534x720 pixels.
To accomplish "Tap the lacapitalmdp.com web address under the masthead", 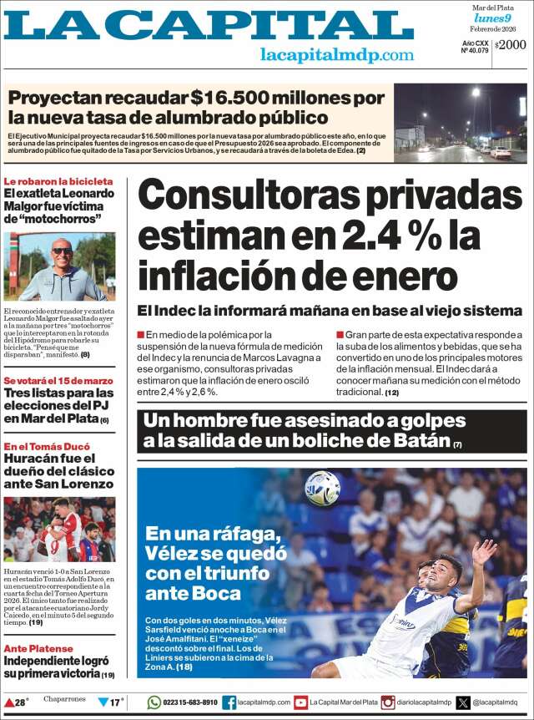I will pos(336,55).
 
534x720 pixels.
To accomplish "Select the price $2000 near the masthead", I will pos(511,46).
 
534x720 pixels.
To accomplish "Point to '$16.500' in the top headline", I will pos(229,97).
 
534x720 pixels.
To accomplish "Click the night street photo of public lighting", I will pos(460,123).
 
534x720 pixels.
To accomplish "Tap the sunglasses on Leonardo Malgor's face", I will pos(62,251).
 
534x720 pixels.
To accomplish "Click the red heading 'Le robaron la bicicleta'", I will pos(58,181).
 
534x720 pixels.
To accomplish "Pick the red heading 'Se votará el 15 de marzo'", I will pos(58,381).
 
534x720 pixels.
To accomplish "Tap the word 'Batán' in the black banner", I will pos(421,440).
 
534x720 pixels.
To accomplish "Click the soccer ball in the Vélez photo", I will pos(322,488).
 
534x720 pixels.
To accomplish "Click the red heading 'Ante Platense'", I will pos(38,648).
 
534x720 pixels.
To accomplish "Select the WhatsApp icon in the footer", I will pos(154,702).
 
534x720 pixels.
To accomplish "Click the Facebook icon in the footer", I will pos(229,702).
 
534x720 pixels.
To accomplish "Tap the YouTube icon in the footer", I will pos(300,702).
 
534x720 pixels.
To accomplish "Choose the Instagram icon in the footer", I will pos(388,702).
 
